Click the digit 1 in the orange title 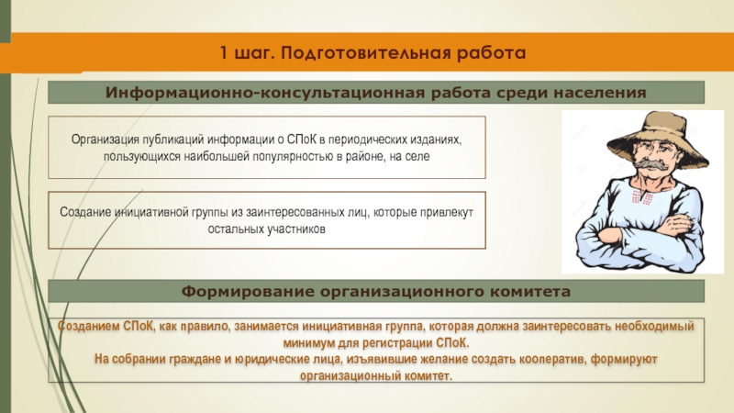tap(224, 53)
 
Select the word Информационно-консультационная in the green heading tap(265, 93)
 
